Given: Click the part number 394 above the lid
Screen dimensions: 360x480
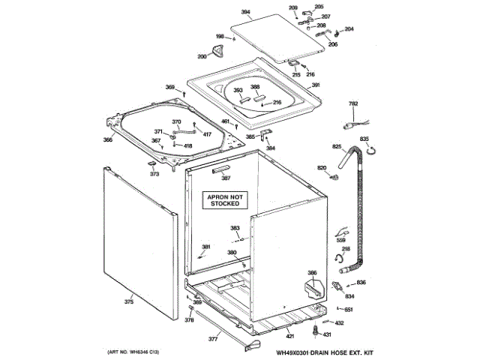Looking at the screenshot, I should [244, 13].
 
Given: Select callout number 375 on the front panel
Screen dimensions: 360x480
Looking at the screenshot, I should [129, 301].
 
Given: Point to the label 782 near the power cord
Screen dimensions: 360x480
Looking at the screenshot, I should [353, 103].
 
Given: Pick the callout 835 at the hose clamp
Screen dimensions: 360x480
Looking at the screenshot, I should [364, 139].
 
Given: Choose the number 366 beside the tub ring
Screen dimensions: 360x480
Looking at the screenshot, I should [108, 139].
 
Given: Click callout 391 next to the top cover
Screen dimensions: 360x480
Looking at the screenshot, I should [316, 85].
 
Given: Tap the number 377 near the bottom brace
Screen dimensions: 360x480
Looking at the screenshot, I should [202, 339].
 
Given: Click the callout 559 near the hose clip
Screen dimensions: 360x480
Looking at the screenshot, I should [341, 240].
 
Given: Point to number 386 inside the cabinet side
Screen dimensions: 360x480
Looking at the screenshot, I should [312, 272].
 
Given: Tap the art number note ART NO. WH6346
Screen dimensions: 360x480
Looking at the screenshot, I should [132, 352].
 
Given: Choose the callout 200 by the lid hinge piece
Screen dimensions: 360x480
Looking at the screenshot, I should [202, 57].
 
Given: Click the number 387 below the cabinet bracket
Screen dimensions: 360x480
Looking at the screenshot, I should [226, 178].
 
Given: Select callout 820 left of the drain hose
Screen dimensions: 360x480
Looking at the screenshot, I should [322, 166].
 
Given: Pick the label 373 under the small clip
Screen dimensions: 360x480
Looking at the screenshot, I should [154, 173].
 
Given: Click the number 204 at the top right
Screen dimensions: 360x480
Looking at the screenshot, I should [349, 29].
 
